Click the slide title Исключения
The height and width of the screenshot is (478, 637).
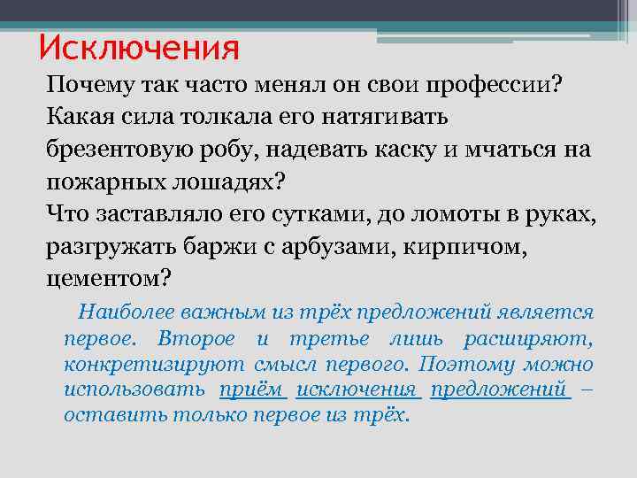[x=139, y=48]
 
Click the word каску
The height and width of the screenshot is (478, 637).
[x=402, y=150]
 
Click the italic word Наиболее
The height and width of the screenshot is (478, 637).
[x=126, y=312]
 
